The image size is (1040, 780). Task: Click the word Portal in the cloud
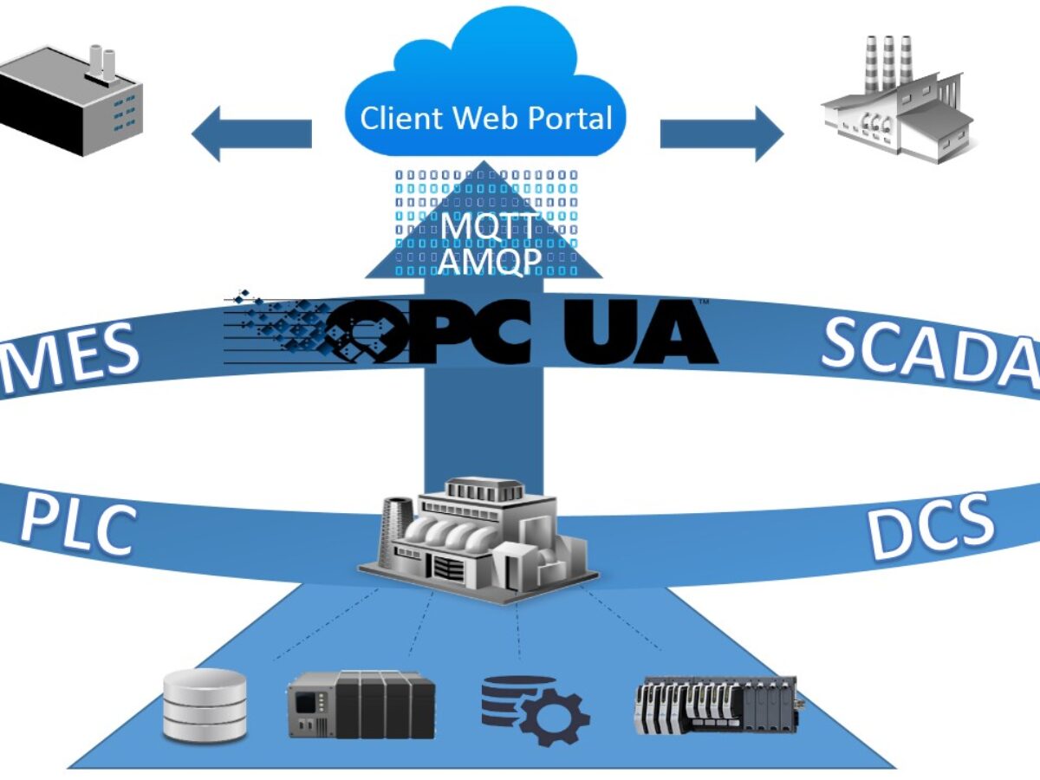(x=569, y=118)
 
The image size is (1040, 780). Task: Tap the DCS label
(x=932, y=524)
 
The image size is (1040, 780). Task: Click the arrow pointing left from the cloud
(x=250, y=133)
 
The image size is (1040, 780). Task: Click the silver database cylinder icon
(x=205, y=704)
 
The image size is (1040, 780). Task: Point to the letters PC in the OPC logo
(x=468, y=332)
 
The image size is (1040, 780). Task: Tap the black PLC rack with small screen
(x=361, y=704)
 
